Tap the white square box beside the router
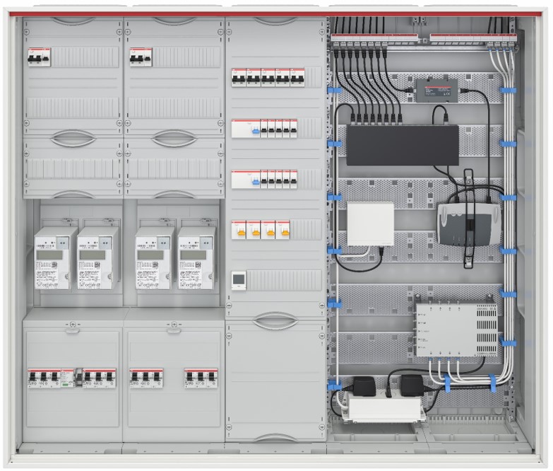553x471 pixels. tap(371, 223)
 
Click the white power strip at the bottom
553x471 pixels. tap(385, 408)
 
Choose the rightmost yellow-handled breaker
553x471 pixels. tap(285, 230)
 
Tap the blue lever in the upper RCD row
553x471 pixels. tap(253, 132)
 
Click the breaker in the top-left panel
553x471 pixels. tap(37, 57)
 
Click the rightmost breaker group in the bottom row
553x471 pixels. tap(201, 377)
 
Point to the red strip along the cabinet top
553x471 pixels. tap(276, 13)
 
